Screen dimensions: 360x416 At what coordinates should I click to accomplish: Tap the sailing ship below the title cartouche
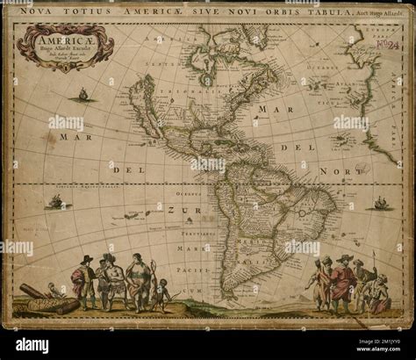pyautogui.click(x=82, y=93)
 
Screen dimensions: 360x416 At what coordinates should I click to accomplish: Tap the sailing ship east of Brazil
pyautogui.click(x=382, y=203)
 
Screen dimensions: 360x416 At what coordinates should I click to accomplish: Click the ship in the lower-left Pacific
pyautogui.click(x=56, y=201)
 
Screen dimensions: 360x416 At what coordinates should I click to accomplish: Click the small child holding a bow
pyautogui.click(x=159, y=294)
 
